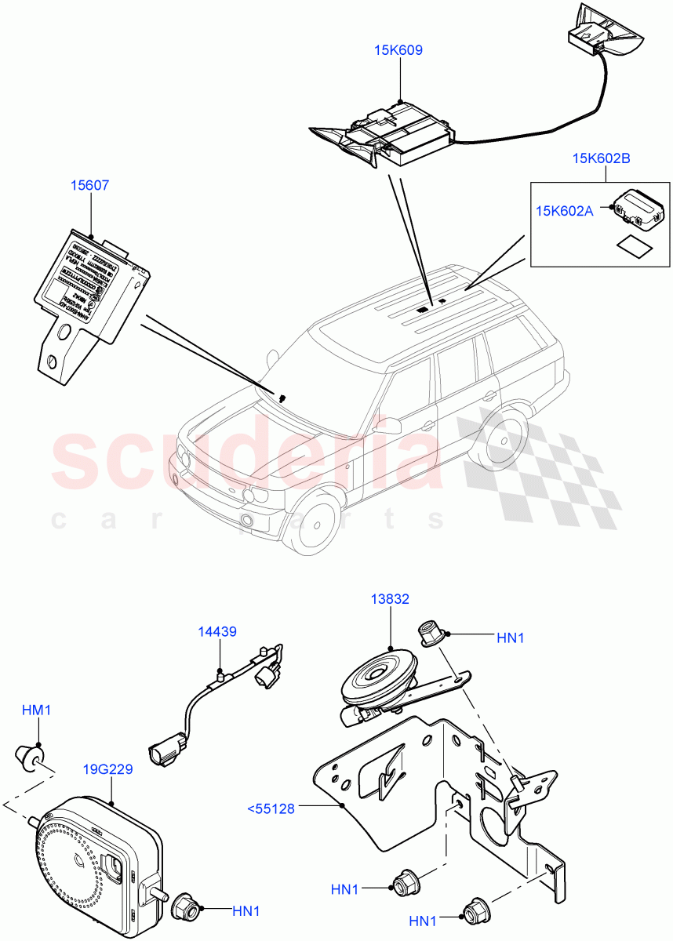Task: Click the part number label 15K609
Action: point(398,50)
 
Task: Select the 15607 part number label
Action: point(91,186)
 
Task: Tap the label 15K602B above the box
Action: point(602,158)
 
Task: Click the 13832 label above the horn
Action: point(390,599)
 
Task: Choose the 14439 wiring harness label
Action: point(217,631)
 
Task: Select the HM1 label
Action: point(36,710)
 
